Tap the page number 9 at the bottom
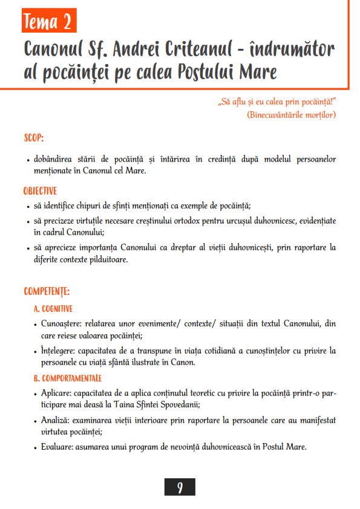pyautogui.click(x=180, y=487)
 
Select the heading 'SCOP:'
pyautogui.click(x=34, y=138)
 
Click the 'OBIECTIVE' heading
pyautogui.click(x=41, y=190)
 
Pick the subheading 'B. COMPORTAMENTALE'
pyautogui.click(x=68, y=378)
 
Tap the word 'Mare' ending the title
pyautogui.click(x=258, y=73)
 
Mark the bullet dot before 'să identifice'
pyautogui.click(x=28, y=207)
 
